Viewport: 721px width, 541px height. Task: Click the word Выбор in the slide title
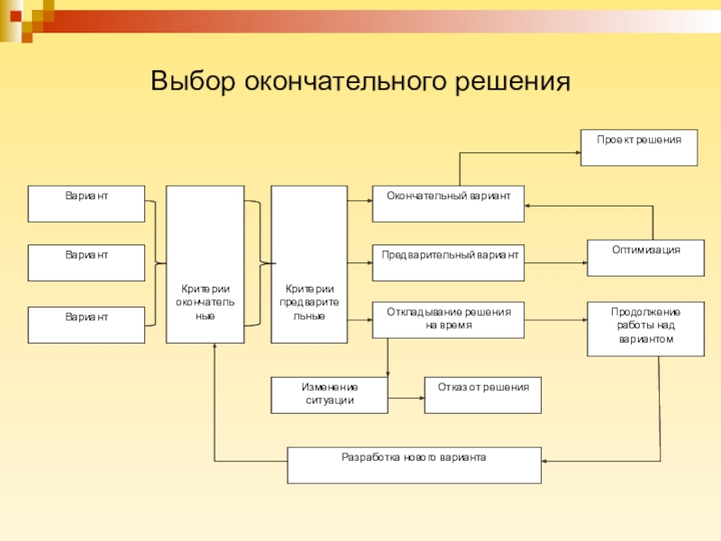point(191,81)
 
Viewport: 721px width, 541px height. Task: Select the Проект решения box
point(638,148)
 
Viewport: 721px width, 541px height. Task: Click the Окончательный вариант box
point(448,204)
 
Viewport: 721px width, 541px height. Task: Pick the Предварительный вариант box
point(448,262)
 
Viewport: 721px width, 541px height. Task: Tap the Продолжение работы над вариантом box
point(645,328)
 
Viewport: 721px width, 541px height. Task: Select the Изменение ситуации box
point(329,395)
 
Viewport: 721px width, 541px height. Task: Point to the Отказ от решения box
point(483,395)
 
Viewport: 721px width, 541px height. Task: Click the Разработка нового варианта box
point(414,465)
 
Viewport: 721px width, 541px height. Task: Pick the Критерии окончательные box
point(205,264)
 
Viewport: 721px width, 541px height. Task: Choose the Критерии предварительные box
point(309,264)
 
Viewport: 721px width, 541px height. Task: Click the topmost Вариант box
point(87,204)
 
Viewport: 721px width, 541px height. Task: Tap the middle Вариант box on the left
point(87,262)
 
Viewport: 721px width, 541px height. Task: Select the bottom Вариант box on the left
point(87,325)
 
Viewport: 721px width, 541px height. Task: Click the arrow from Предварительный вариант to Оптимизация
point(555,262)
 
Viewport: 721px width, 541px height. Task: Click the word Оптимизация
point(645,250)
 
